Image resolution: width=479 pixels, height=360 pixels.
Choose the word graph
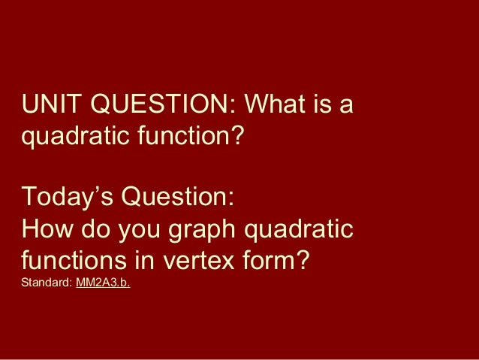coord(196,230)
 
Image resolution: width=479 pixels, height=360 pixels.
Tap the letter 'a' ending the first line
coord(347,108)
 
